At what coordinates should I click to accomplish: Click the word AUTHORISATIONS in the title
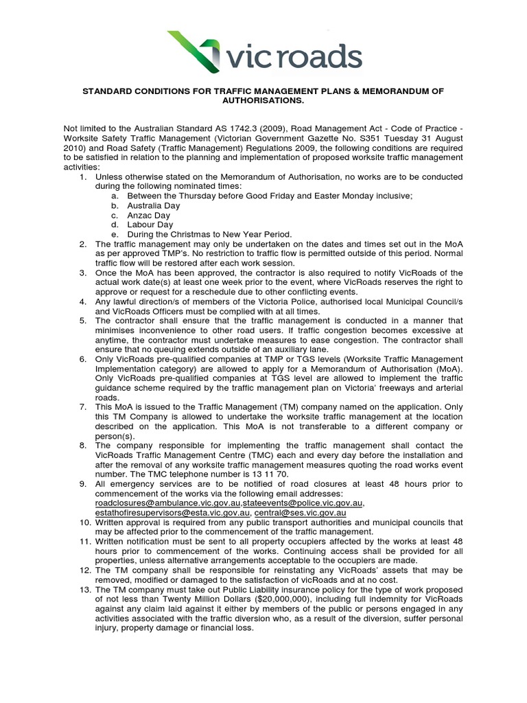(263, 100)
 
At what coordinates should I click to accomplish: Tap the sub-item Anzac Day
(149, 215)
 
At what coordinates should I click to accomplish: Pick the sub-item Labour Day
(150, 224)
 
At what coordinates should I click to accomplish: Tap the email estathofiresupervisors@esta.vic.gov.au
(172, 512)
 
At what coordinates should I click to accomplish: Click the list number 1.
(82, 176)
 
